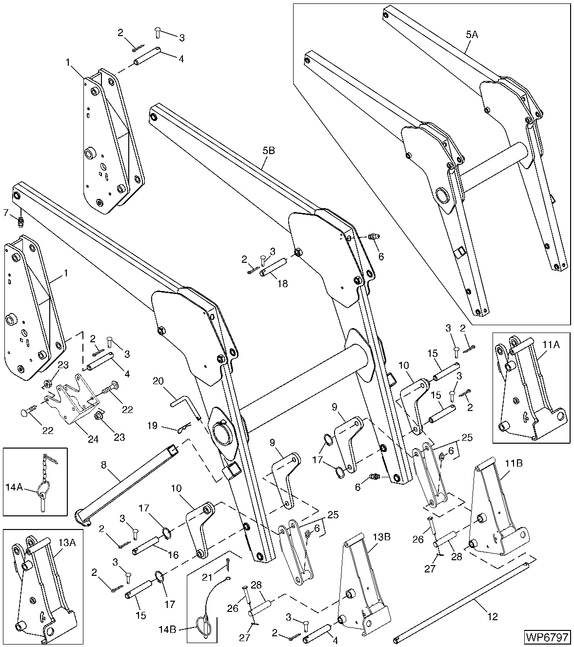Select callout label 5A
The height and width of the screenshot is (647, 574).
pyautogui.click(x=472, y=35)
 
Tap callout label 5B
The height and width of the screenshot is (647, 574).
pyautogui.click(x=268, y=151)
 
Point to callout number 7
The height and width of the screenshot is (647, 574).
pyautogui.click(x=6, y=212)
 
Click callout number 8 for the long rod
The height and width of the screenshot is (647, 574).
pyautogui.click(x=103, y=465)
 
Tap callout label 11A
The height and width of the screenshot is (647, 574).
pyautogui.click(x=550, y=344)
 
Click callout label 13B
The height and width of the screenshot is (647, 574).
pyautogui.click(x=382, y=537)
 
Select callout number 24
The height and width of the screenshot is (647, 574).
pyautogui.click(x=93, y=439)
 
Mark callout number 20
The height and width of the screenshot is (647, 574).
pyautogui.click(x=159, y=381)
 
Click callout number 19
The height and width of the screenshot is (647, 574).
pyautogui.click(x=153, y=426)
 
